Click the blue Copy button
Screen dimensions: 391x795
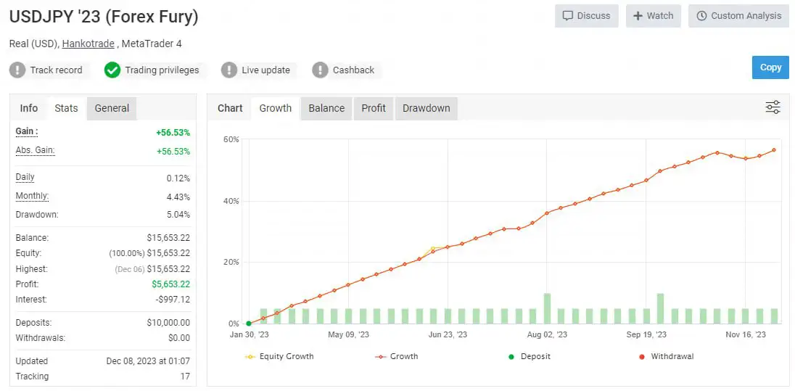[x=770, y=67]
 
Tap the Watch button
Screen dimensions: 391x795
[x=653, y=16]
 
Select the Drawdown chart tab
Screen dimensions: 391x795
[x=426, y=108]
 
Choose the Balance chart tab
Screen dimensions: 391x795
[x=326, y=108]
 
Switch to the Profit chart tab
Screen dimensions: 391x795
[x=374, y=108]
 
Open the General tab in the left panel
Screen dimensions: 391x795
[x=112, y=108]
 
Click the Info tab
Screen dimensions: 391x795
[x=29, y=108]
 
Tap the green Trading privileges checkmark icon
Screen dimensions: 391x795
[x=112, y=70]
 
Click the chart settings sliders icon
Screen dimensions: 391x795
[x=773, y=108]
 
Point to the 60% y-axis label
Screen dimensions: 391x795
[x=231, y=139]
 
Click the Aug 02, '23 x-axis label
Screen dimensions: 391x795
[x=545, y=334]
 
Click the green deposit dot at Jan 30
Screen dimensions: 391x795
[x=249, y=324]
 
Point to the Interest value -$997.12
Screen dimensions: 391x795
[x=173, y=300]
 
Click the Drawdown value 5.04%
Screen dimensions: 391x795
[x=178, y=215]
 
